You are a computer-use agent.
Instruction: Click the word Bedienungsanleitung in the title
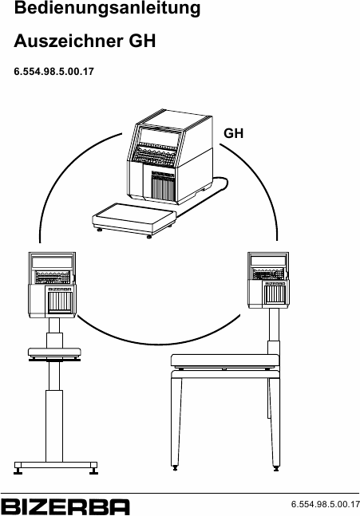107,8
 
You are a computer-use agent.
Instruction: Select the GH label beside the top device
234,133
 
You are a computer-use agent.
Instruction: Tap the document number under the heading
53,72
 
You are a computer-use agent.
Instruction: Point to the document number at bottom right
326,504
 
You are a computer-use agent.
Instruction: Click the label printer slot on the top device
162,187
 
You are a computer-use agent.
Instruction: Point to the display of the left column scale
52,262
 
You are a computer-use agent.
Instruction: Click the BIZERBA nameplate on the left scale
60,289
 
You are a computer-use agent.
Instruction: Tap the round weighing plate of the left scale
54,353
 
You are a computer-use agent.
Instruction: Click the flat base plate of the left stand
56,465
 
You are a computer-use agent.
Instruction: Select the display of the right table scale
267,261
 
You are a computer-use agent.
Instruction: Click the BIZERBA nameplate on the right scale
275,283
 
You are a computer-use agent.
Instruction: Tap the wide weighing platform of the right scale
224,360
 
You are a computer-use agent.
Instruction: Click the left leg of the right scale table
176,421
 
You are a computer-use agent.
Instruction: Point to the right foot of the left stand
93,471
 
